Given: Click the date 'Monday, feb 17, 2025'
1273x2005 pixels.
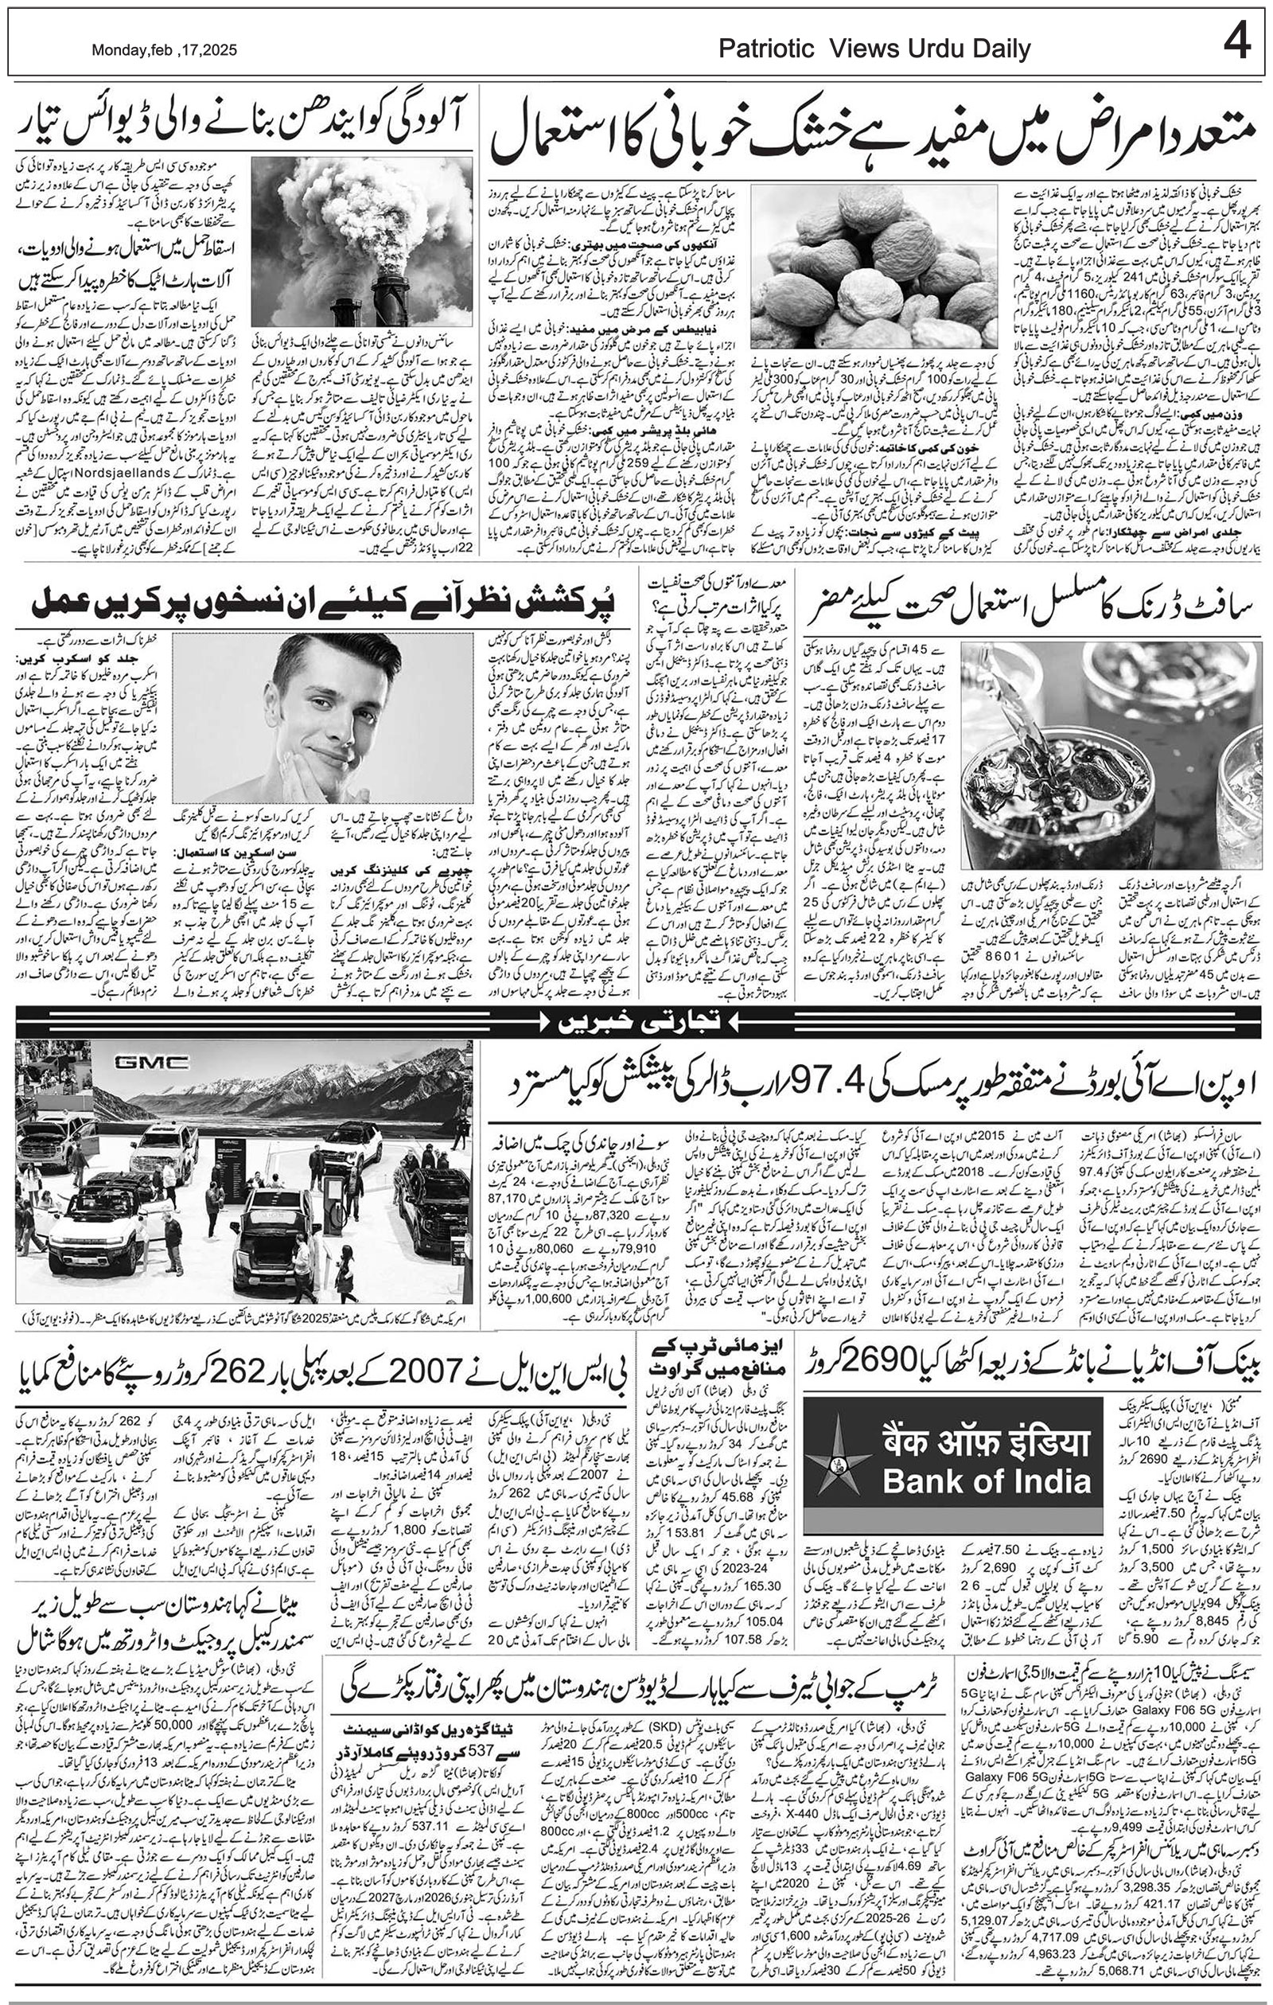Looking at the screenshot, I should [x=164, y=50].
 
